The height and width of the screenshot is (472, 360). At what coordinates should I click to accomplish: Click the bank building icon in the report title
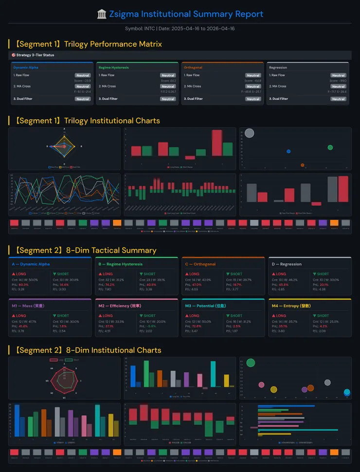(x=102, y=14)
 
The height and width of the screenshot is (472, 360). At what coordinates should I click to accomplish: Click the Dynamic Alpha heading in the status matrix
(x=26, y=68)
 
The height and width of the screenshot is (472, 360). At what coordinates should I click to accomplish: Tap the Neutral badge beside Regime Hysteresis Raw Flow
(x=168, y=75)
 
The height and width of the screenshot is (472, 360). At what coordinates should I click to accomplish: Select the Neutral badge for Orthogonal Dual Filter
(x=253, y=99)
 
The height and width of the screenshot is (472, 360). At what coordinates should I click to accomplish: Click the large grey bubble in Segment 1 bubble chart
(x=250, y=133)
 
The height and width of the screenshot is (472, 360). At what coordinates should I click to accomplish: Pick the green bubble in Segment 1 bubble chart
(x=330, y=147)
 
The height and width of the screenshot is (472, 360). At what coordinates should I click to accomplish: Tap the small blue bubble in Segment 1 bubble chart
(x=288, y=151)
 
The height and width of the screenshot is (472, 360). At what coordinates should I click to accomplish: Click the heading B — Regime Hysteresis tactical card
(x=120, y=264)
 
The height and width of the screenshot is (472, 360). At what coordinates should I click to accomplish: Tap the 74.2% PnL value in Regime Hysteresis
(x=110, y=285)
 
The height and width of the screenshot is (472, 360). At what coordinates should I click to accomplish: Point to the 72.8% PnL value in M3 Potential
(x=197, y=326)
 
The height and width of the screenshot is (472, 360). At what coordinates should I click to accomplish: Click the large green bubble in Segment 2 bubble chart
(x=251, y=363)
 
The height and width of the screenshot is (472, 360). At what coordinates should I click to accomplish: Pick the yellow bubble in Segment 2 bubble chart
(x=273, y=389)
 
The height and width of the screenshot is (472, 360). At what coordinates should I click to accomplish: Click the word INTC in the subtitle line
(x=149, y=29)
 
